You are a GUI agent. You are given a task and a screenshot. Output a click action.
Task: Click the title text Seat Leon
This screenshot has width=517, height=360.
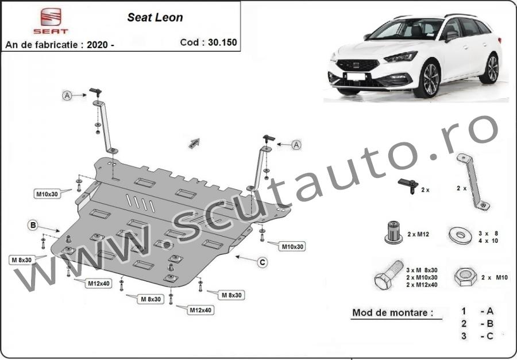(x=155, y=17)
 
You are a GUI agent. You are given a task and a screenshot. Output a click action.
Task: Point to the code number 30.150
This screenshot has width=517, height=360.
(x=222, y=42)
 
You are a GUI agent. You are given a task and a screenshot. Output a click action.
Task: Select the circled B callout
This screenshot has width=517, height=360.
(x=33, y=225)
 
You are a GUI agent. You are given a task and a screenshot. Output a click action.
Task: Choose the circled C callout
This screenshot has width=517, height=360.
(x=263, y=262)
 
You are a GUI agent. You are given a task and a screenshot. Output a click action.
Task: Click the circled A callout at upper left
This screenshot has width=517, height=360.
(x=67, y=96)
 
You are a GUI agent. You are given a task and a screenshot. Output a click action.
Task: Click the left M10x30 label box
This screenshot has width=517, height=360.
(x=47, y=194)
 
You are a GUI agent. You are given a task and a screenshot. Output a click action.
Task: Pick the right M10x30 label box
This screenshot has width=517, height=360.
(x=291, y=246)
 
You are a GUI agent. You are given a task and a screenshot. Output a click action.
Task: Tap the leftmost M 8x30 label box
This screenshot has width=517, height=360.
(x=21, y=260)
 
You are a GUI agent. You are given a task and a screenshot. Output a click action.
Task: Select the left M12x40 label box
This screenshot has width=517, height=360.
(x=99, y=283)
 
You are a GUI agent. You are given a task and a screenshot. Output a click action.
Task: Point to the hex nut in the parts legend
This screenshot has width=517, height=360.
(x=465, y=277)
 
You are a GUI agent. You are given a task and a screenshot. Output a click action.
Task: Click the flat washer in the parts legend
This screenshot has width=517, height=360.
(x=460, y=235)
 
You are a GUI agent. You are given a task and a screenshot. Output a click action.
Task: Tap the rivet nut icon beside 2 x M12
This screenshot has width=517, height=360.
(x=393, y=233)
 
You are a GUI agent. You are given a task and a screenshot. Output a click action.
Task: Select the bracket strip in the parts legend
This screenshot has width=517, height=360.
(x=473, y=183)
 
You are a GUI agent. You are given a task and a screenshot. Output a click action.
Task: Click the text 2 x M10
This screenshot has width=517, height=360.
(x=494, y=277)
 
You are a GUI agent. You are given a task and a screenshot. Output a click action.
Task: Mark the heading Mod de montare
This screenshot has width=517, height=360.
(x=392, y=312)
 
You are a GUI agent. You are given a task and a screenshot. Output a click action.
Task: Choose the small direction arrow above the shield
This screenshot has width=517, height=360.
(x=194, y=143)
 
